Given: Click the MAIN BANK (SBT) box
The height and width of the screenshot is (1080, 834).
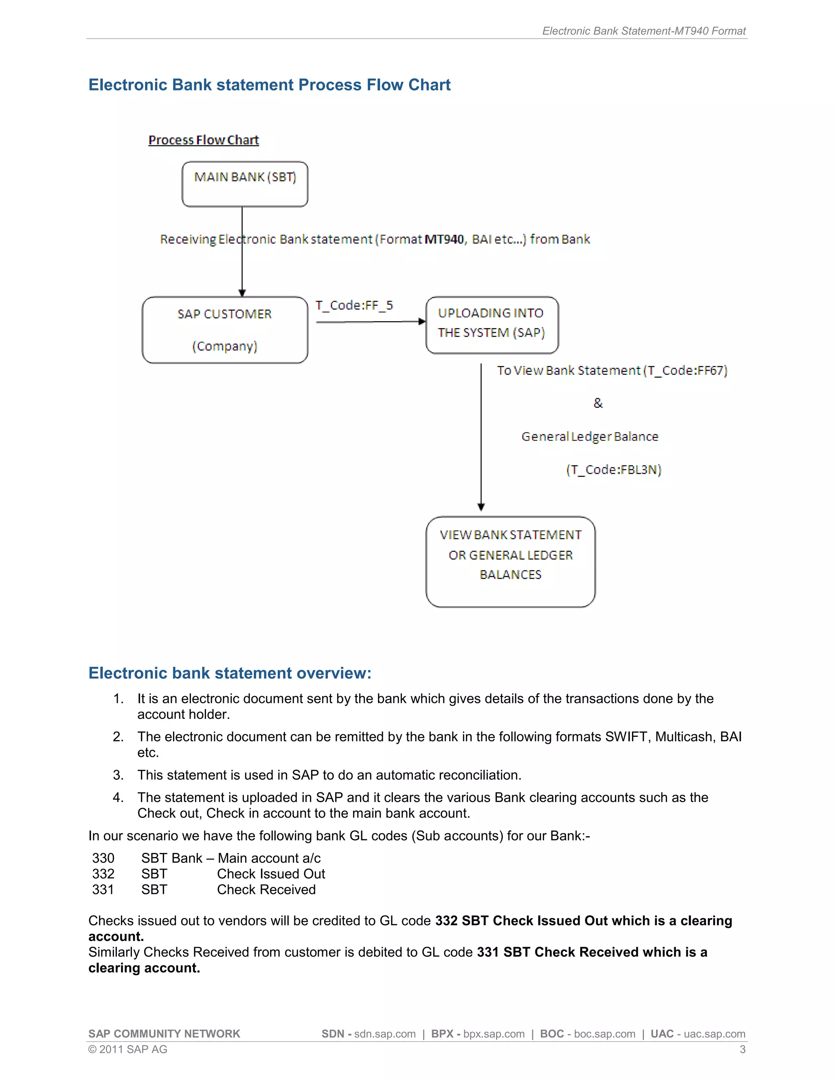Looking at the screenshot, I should pos(245,184).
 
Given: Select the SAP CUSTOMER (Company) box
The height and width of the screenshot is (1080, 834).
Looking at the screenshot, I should pos(225,330).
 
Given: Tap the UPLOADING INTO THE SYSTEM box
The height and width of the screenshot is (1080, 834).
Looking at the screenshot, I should pos(492,325).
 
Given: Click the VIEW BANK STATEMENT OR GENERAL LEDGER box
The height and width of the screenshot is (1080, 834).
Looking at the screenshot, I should pos(510,561).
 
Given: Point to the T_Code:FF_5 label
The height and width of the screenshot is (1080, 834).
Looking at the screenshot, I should pos(354,305).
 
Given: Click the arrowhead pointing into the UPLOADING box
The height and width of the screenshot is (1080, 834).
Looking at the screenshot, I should pos(421,322).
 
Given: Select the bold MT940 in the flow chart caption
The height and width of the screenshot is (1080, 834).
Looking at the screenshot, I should pos(444,239).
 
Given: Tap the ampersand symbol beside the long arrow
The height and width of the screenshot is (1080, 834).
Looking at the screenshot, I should pos(598,403).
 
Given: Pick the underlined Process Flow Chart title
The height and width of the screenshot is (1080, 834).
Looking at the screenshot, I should pos(204,140).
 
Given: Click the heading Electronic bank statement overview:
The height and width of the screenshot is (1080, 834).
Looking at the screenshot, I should pos(230,673).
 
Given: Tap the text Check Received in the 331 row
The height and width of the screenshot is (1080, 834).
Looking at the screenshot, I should pos(266,890).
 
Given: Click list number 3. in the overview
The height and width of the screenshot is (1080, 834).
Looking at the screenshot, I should pos(118,775).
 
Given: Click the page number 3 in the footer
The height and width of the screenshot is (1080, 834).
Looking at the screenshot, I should pos(742,1049).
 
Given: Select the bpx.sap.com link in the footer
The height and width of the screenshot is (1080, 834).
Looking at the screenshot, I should pos(494,1034).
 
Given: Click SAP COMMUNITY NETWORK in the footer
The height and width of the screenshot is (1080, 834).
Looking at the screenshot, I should pos(164,1034).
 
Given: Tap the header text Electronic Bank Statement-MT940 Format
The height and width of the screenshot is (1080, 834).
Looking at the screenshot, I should pos(643,31).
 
